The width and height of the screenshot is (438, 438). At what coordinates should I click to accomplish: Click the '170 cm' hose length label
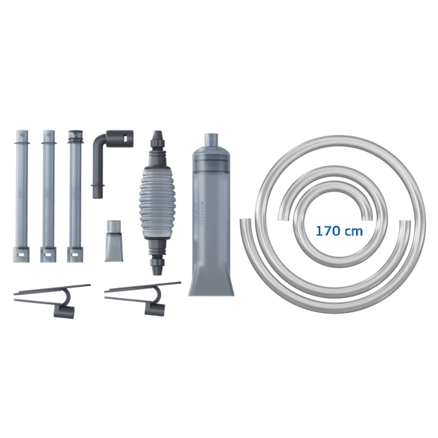tap(339, 231)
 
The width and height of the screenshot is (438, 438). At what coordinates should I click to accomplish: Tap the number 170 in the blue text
tap(328, 231)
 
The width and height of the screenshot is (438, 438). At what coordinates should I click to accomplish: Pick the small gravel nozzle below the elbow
tap(114, 241)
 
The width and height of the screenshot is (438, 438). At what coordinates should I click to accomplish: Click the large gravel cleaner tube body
tap(212, 215)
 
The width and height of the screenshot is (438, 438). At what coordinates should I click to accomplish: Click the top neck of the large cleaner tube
tap(212, 140)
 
